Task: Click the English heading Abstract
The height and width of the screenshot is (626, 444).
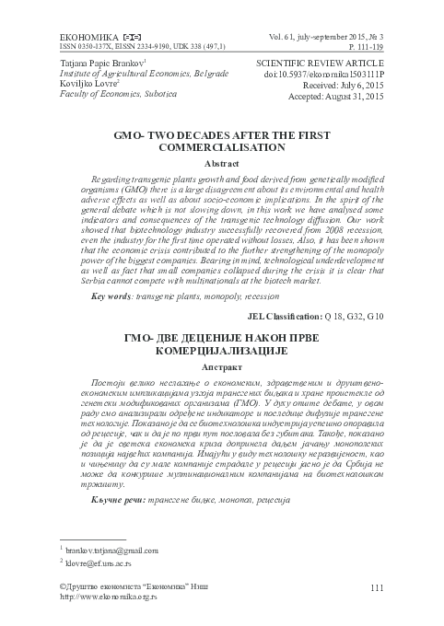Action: tap(221, 162)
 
